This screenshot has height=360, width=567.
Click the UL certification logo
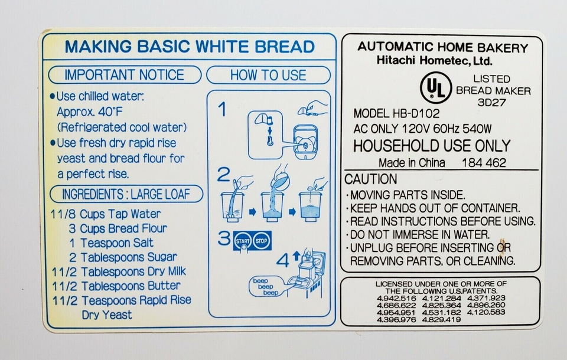[x=436, y=87]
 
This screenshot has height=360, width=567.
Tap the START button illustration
[x=243, y=241]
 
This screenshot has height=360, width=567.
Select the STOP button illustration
[x=261, y=241]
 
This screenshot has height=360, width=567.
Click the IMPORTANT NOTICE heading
[x=125, y=75]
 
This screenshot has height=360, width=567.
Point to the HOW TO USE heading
[x=268, y=75]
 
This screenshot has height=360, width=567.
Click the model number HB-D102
[x=416, y=113]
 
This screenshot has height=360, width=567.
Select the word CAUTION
[x=371, y=179]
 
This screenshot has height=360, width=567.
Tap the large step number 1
[x=223, y=109]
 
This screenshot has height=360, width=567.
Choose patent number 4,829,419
[x=441, y=319]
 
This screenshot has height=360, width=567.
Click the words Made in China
[x=412, y=163]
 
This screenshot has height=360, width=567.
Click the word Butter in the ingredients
[x=164, y=286]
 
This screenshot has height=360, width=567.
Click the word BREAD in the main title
[x=285, y=47]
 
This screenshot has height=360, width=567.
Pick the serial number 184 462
[x=484, y=163]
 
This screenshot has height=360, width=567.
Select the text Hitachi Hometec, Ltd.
[x=434, y=60]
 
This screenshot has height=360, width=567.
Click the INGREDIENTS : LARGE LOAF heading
[x=126, y=194]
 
